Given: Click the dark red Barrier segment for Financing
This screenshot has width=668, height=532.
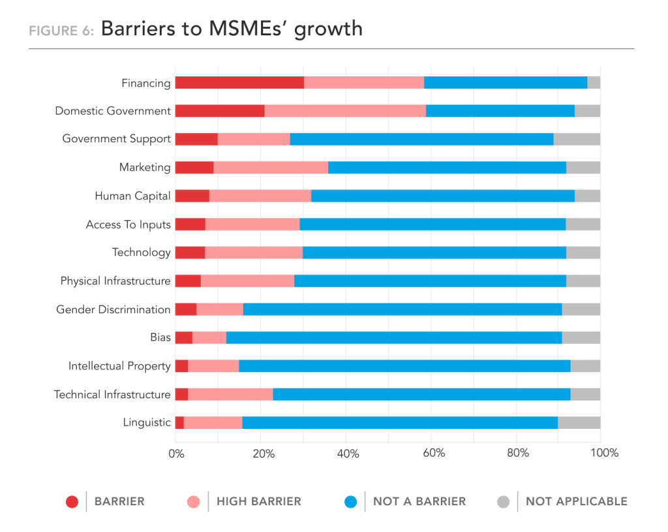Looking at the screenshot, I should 239,82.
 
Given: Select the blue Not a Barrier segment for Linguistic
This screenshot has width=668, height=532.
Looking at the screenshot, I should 400,422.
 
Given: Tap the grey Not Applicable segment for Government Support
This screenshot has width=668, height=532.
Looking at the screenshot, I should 577,139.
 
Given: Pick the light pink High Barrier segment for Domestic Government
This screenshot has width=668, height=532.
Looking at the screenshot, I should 345,111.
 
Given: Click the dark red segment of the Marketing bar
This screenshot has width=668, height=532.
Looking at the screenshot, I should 194,167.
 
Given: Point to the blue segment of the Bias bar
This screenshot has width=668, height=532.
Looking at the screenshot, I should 394,337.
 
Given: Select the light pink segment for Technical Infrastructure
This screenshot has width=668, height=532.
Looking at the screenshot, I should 230,394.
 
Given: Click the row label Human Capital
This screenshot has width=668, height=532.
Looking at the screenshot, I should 132,196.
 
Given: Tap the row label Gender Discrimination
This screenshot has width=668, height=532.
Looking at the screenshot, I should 114,309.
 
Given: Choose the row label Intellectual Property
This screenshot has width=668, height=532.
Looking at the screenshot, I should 119,366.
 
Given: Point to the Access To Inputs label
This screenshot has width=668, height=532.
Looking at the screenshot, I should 129,225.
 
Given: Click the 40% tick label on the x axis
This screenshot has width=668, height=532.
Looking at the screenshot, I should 348,453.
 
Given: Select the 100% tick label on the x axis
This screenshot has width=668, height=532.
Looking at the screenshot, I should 604,453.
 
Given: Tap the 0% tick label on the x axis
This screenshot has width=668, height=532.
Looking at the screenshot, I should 176,453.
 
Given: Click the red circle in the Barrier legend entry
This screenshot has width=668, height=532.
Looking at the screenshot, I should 72,502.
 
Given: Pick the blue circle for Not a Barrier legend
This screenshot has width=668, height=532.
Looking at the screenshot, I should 350,502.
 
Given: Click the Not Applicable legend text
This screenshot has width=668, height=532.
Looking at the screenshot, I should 576,502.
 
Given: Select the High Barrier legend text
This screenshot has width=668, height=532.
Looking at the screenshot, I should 259,502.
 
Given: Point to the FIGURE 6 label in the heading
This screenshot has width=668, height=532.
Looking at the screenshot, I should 61,31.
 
